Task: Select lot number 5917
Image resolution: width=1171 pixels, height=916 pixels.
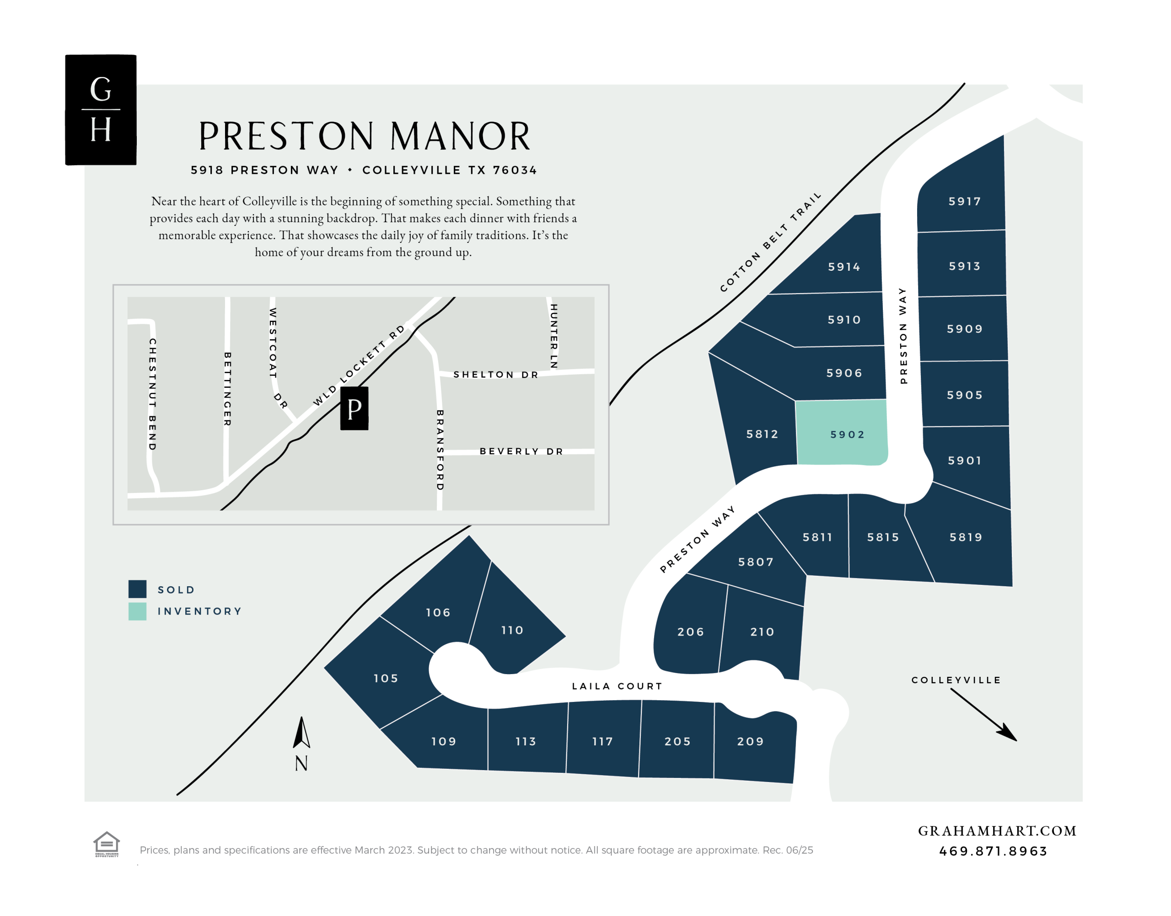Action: point(964,201)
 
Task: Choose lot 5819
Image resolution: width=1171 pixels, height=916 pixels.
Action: point(966,537)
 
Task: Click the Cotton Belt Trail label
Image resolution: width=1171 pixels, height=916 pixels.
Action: point(770,242)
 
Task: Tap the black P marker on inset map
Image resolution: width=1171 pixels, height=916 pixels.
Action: point(354,409)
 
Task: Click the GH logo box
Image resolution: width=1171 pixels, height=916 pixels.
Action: point(101,110)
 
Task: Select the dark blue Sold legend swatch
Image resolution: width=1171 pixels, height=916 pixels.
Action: point(137,589)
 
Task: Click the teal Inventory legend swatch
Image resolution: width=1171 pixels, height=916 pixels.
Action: point(137,611)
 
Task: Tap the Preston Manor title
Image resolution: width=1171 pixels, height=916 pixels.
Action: point(364,136)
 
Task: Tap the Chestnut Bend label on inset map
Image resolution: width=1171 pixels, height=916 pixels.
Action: point(153,394)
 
